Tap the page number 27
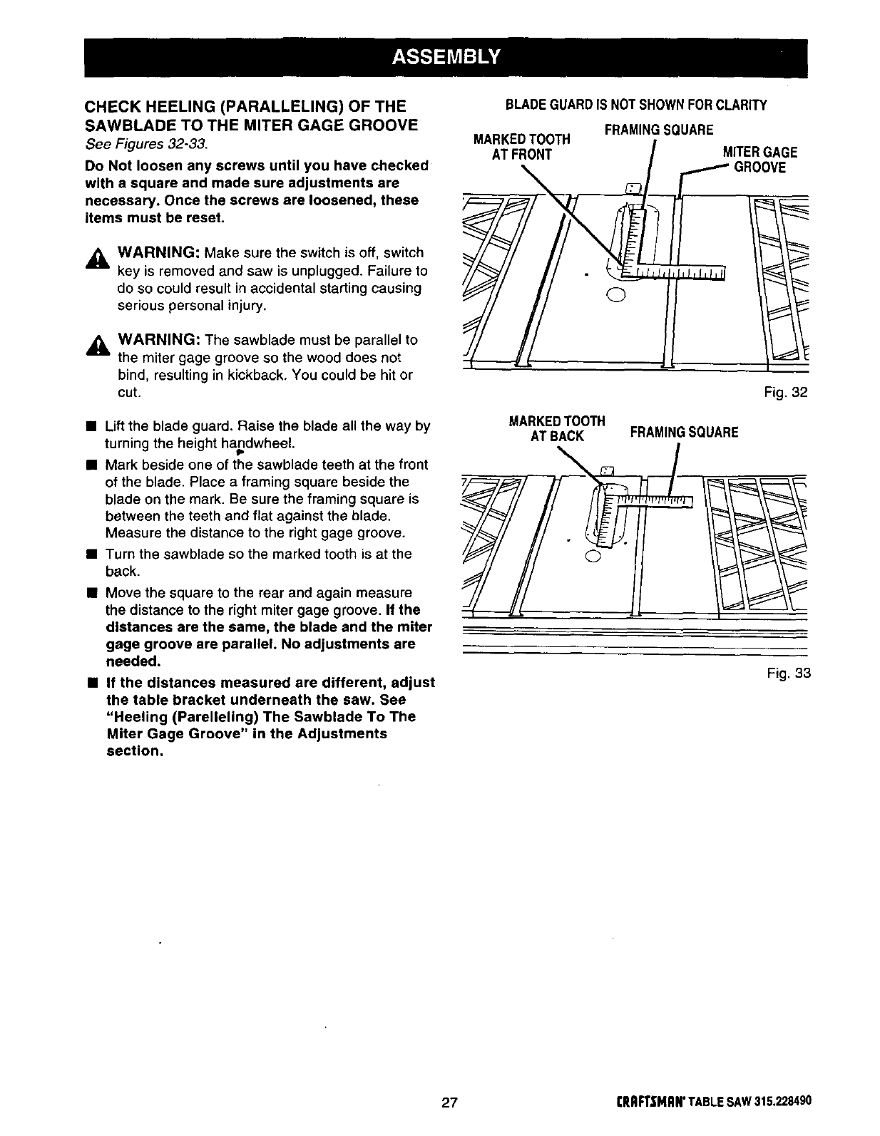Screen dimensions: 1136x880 coord(449,1103)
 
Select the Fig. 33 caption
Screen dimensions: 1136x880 coord(789,673)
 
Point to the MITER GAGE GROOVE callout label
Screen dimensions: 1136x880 coord(759,160)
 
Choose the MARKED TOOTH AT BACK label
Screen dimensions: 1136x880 coord(557,428)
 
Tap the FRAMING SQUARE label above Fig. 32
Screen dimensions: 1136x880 coord(658,130)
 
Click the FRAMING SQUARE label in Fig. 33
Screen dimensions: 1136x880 coord(684,433)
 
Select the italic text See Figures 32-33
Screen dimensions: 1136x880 coord(146,144)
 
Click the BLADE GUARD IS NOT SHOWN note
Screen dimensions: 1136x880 coord(636,105)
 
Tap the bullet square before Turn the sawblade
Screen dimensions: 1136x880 coord(91,554)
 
